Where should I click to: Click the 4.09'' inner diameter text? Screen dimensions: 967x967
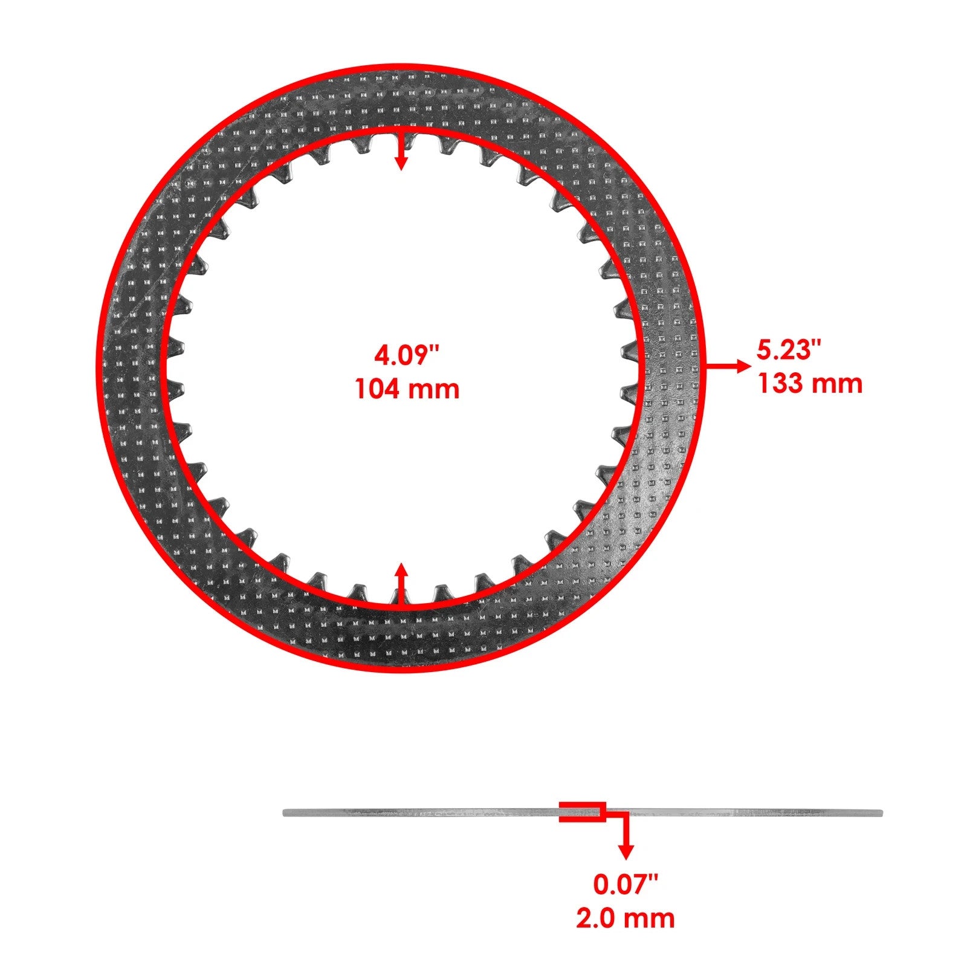pyautogui.click(x=406, y=356)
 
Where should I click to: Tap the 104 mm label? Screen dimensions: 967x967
pyautogui.click(x=407, y=389)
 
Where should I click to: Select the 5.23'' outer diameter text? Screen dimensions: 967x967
pyautogui.click(x=789, y=350)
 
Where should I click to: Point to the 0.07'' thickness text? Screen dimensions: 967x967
pyautogui.click(x=624, y=885)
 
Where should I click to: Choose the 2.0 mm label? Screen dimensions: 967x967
pyautogui.click(x=625, y=918)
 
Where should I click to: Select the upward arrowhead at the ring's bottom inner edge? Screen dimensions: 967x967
pyautogui.click(x=401, y=571)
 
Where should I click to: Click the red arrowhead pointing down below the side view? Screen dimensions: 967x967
pyautogui.click(x=626, y=852)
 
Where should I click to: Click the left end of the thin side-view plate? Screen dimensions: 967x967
pyautogui.click(x=286, y=813)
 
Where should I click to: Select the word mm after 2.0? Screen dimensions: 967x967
pyautogui.click(x=651, y=918)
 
